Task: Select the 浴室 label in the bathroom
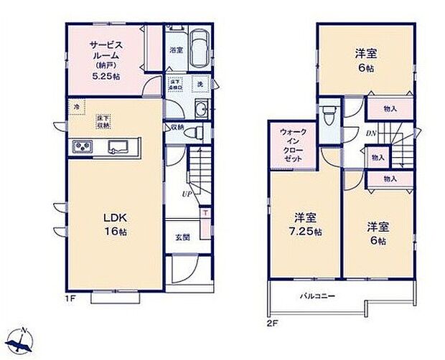(176, 51)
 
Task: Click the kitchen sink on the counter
(118, 148)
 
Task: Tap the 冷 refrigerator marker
(76, 108)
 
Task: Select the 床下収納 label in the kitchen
(105, 121)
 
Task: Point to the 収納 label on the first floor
(178, 128)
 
